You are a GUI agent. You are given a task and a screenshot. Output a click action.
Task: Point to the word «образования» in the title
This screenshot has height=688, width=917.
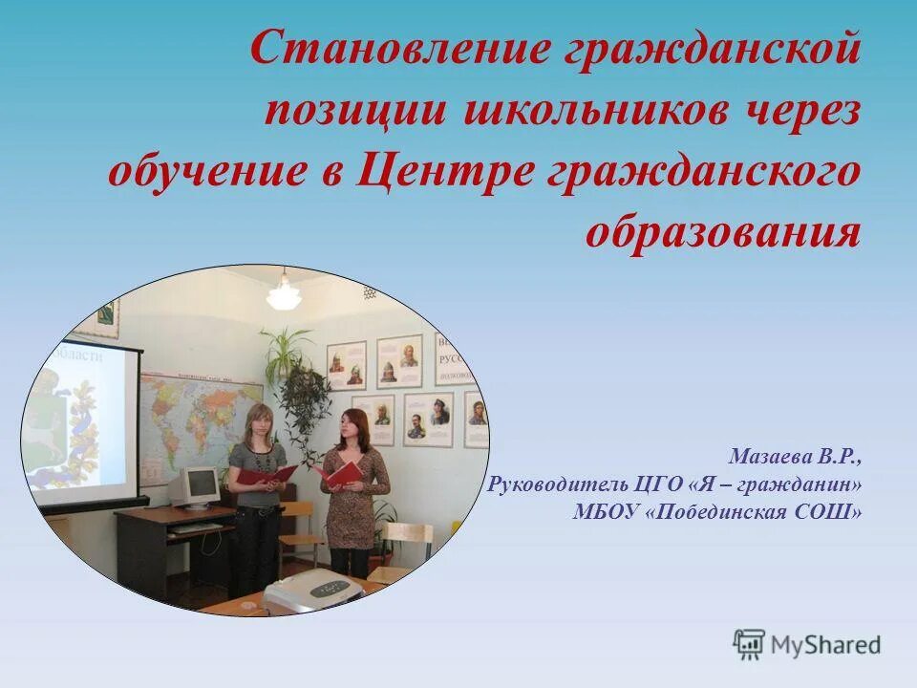point(722,232)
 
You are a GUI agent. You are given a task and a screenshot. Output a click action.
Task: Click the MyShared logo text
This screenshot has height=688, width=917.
point(826,645)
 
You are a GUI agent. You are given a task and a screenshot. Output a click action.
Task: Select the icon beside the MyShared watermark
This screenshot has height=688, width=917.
point(749,644)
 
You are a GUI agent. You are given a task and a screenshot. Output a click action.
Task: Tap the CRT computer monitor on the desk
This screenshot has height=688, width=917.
point(197,486)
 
